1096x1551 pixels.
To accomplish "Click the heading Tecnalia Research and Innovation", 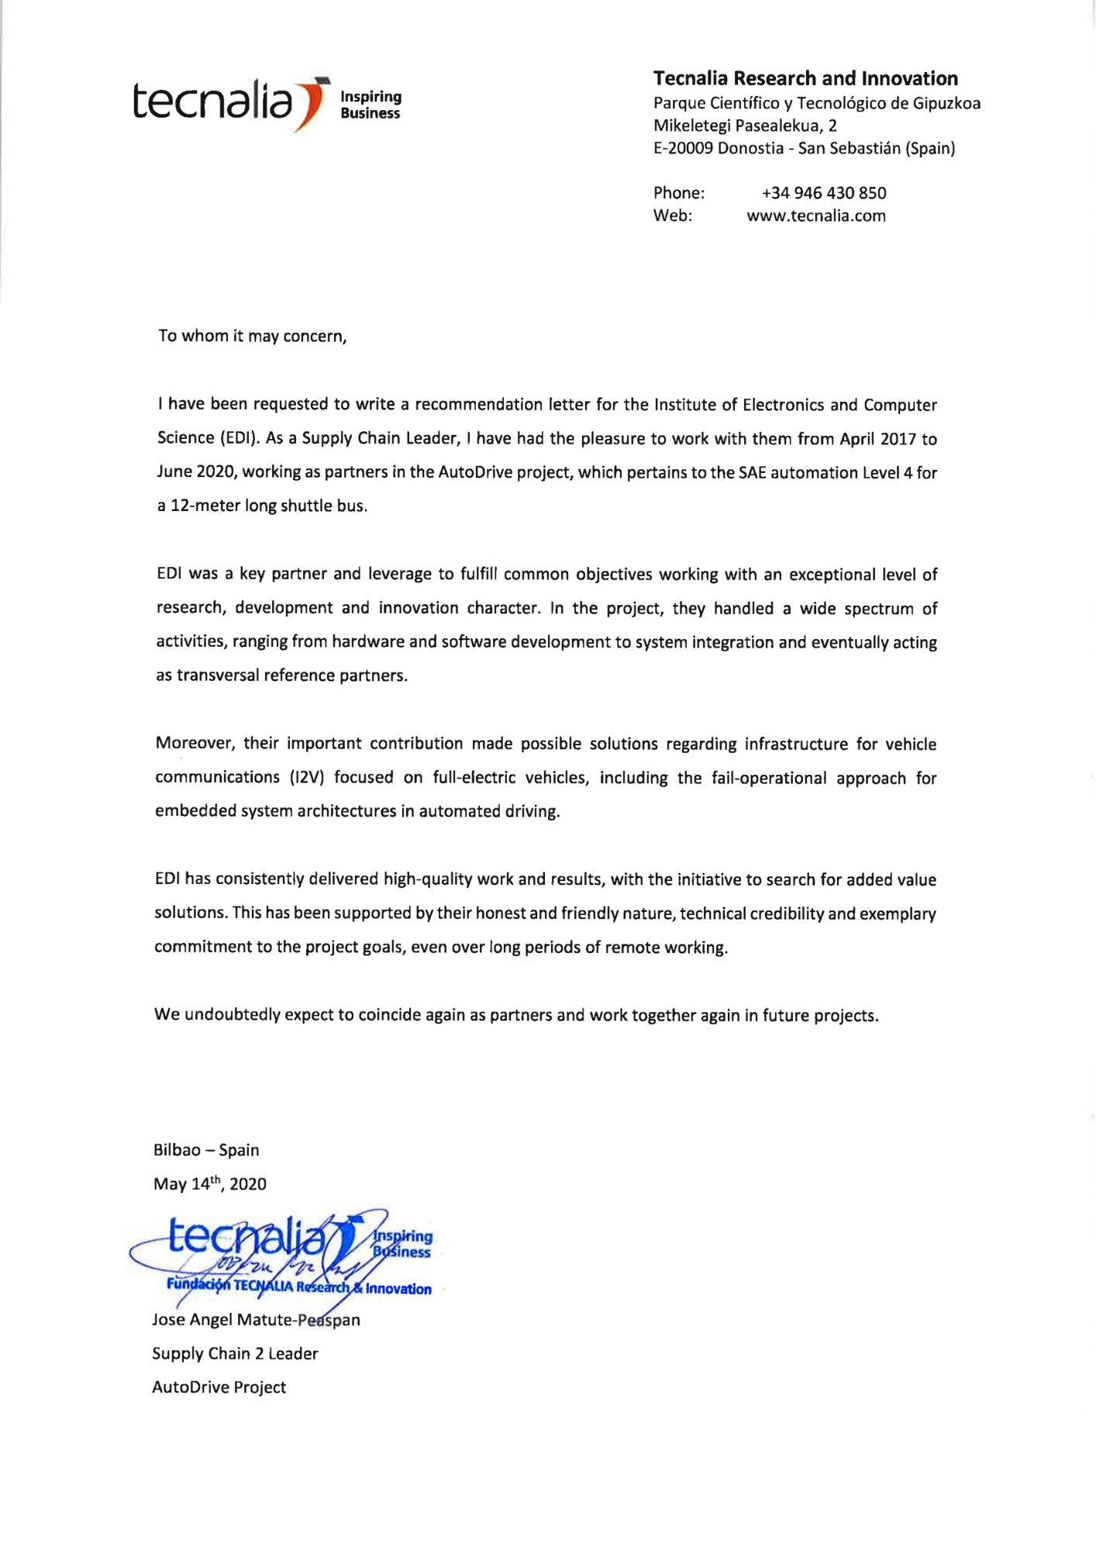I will (x=805, y=78).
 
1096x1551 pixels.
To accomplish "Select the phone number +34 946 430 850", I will (x=823, y=193).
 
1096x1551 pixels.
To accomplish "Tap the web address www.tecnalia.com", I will (x=815, y=216).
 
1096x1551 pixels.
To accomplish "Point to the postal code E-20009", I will (x=683, y=148).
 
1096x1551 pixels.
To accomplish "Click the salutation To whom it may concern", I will (x=252, y=336).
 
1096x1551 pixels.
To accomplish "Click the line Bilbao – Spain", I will (x=206, y=1150).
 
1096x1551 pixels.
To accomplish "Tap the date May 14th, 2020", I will (x=209, y=1184).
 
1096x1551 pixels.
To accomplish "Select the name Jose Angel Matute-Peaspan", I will (x=256, y=1320).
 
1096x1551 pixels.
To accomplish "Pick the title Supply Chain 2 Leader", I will (x=235, y=1354).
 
